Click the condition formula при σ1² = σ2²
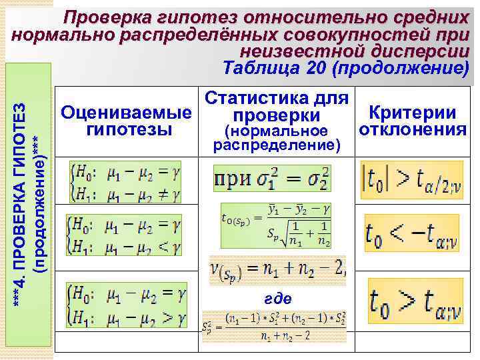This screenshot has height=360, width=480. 272,178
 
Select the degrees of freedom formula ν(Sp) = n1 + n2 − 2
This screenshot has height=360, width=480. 277,269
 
